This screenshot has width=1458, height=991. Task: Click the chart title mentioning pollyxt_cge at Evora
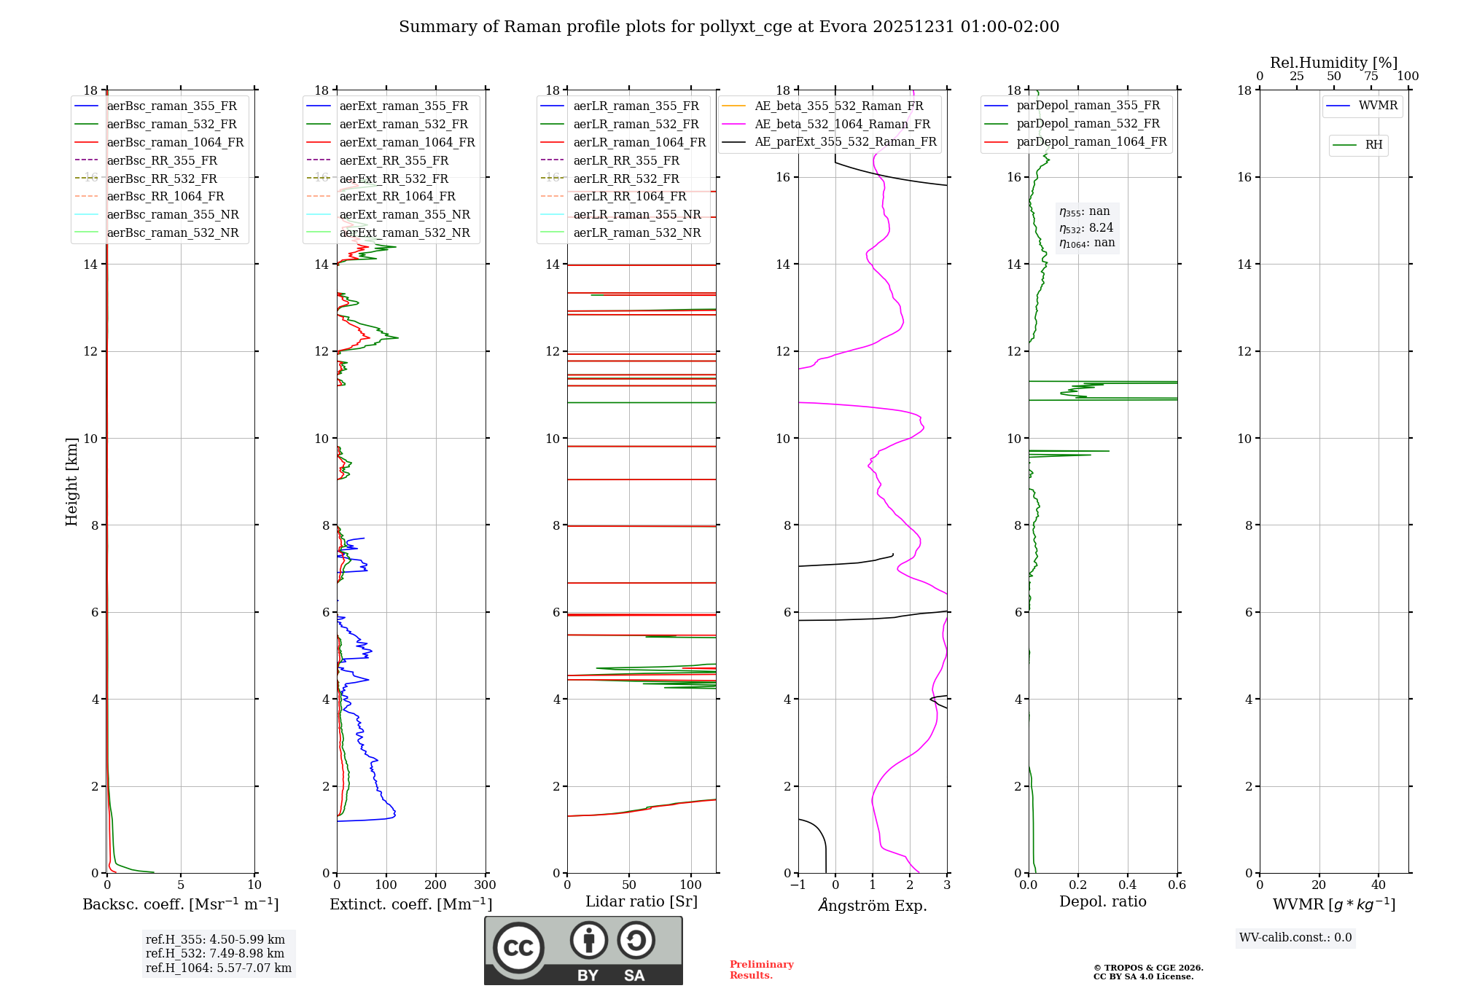pyautogui.click(x=729, y=27)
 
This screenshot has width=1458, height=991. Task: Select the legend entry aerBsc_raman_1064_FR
pyautogui.click(x=175, y=142)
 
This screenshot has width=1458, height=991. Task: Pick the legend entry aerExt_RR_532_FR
pyautogui.click(x=394, y=179)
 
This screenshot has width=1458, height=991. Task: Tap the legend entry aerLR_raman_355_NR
pyautogui.click(x=636, y=214)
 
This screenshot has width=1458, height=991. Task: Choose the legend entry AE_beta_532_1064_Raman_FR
pyautogui.click(x=842, y=124)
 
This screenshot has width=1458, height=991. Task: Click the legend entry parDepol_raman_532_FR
pyautogui.click(x=1088, y=124)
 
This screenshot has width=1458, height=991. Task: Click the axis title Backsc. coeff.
pyautogui.click(x=180, y=904)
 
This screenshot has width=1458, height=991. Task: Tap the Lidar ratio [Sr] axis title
pyautogui.click(x=642, y=902)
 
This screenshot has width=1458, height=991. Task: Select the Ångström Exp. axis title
pyautogui.click(x=873, y=906)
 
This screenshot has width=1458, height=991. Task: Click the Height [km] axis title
pyautogui.click(x=71, y=481)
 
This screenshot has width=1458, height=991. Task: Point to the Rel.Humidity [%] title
pyautogui.click(x=1333, y=63)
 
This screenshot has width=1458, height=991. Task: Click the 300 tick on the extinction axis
pyautogui.click(x=485, y=885)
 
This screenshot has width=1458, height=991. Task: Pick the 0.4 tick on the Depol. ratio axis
pyautogui.click(x=1127, y=885)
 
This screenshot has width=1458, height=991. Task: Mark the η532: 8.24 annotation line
pyautogui.click(x=1086, y=228)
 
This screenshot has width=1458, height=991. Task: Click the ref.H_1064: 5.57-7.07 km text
pyautogui.click(x=219, y=968)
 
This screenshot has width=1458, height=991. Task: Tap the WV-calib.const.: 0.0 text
pyautogui.click(x=1295, y=938)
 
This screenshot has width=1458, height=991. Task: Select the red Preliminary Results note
pyautogui.click(x=761, y=970)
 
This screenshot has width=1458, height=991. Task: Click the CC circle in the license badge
pyautogui.click(x=518, y=947)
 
